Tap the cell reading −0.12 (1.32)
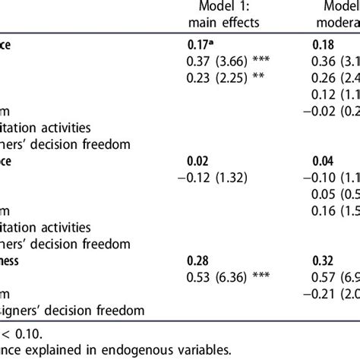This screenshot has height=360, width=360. [216, 178]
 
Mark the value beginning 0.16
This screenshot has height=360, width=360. [336, 211]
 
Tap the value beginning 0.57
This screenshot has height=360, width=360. [336, 277]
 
